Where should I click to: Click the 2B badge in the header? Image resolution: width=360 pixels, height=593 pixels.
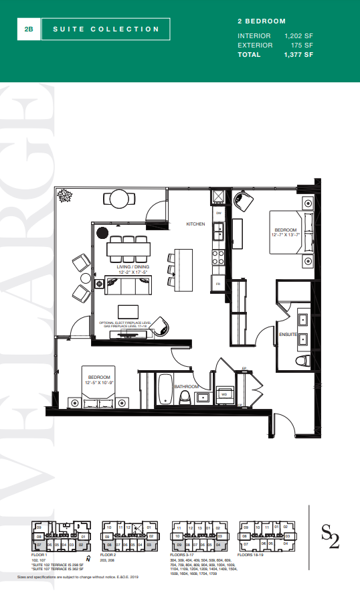click(x=28, y=29)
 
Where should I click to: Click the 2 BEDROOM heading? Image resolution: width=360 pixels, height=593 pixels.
click(x=257, y=21)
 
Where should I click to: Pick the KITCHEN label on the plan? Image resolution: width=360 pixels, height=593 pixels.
click(x=195, y=224)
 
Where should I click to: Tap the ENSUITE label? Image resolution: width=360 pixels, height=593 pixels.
click(x=288, y=333)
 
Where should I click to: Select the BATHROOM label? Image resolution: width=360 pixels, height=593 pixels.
click(x=187, y=386)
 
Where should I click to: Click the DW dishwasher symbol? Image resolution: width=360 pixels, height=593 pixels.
click(x=218, y=213)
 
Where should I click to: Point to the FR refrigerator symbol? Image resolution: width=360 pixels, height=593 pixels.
click(x=217, y=284)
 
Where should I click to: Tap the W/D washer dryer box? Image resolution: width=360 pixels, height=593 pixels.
click(x=225, y=394)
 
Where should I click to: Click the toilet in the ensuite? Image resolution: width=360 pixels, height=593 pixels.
click(x=302, y=361)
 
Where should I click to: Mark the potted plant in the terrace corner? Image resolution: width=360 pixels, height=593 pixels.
click(x=66, y=195)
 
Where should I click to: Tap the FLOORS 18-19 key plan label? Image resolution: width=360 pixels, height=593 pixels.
click(x=255, y=555)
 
